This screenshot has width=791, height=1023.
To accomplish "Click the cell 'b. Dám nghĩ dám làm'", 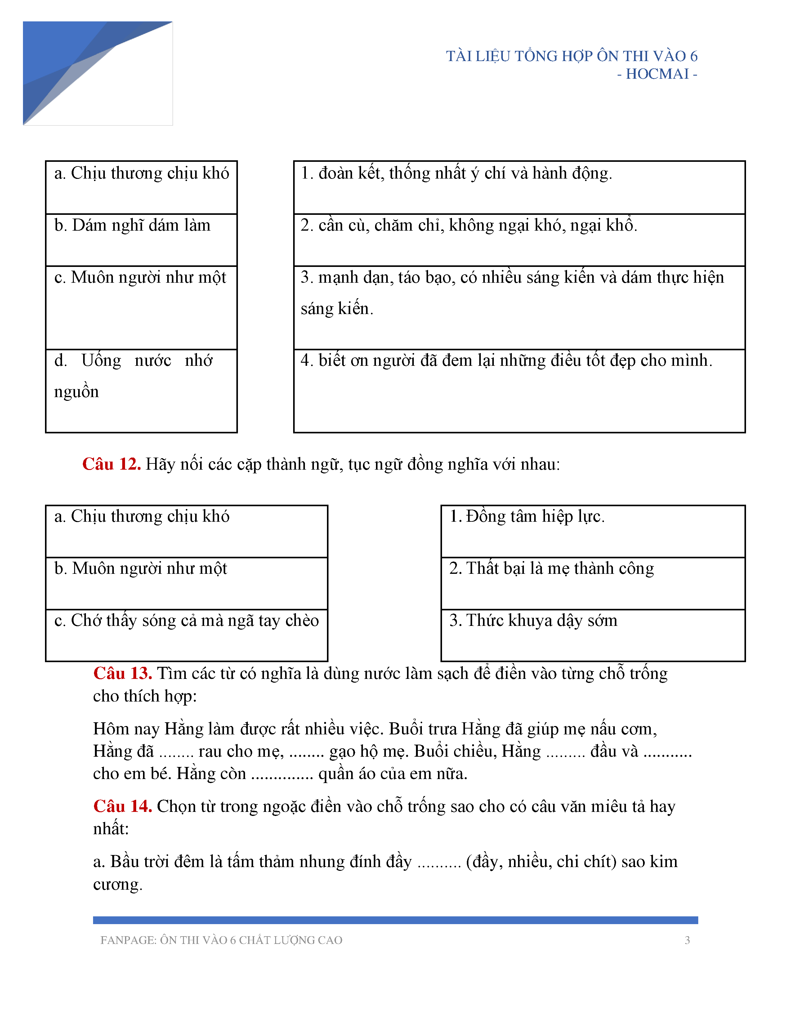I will pos(141,239).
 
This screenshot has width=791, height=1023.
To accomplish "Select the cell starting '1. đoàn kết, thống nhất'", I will pos(519,187).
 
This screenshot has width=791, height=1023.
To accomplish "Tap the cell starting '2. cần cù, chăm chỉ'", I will pos(519,239).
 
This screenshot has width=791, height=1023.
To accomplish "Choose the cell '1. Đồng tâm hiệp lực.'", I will pos(593,531).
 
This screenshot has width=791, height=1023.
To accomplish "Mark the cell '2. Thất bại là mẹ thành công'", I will pos(593,583).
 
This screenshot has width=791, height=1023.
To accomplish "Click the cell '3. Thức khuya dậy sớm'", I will pos(593,635).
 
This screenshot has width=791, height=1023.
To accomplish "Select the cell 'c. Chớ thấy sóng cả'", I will pos(186,635).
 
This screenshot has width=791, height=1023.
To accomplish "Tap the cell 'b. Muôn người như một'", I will pos(186,583).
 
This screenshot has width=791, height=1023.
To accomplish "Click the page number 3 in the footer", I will pos(687,940).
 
